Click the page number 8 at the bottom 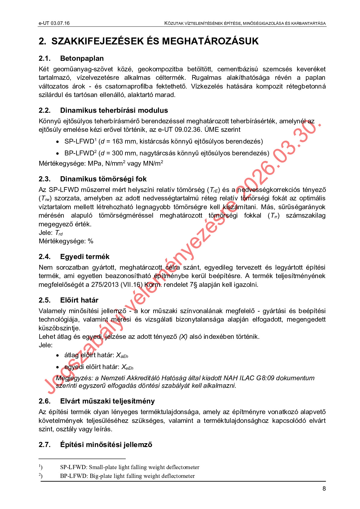point(324,489)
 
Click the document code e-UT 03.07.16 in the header point(54,23)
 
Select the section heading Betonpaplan point(82,58)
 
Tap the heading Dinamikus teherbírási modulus point(114,110)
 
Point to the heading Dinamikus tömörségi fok point(103,179)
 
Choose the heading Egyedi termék point(85,257)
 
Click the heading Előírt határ point(79,300)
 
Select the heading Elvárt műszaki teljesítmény point(107,401)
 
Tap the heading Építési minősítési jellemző point(106,445)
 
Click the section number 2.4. point(44,257)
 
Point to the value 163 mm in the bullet point(123,141)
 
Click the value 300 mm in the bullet point(123,153)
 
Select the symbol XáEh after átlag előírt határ point(122,356)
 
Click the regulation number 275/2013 point(105,285)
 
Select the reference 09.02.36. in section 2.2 point(188,130)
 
